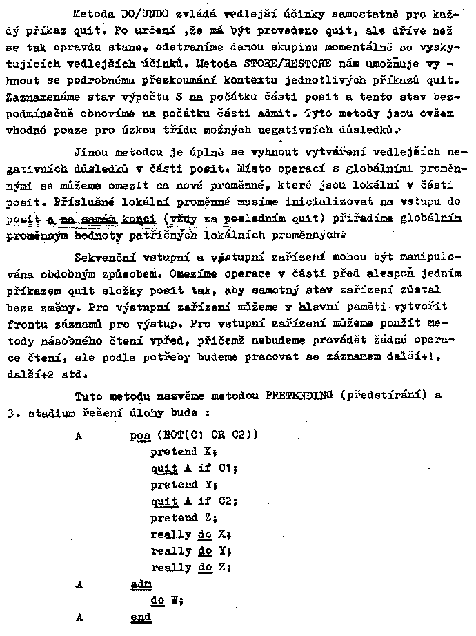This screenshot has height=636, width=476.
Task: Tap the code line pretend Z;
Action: (184, 517)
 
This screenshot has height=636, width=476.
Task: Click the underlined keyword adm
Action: (141, 584)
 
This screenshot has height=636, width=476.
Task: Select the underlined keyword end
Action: (141, 617)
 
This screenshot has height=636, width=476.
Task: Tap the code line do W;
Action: (166, 600)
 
